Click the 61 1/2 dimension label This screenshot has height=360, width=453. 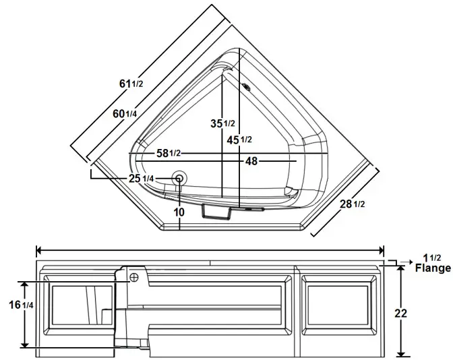pyautogui.click(x=131, y=84)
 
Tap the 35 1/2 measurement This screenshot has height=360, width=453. pyautogui.click(x=222, y=123)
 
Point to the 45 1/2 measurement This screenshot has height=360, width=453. pyautogui.click(x=239, y=140)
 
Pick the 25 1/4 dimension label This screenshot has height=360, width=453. pyautogui.click(x=142, y=178)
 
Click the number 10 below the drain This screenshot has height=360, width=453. pyautogui.click(x=179, y=212)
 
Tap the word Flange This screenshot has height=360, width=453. pyautogui.click(x=433, y=268)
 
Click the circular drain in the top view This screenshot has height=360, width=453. pyautogui.click(x=179, y=179)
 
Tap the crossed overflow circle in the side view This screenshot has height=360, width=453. pyautogui.click(x=134, y=277)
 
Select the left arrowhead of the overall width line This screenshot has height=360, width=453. pyautogui.click(x=39, y=248)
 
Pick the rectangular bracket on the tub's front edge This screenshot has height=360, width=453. pyautogui.click(x=216, y=212)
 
